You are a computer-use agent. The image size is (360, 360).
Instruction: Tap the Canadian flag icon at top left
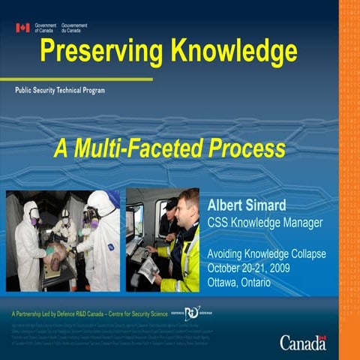[22, 28]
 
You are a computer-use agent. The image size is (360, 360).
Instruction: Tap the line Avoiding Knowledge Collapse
[266, 254]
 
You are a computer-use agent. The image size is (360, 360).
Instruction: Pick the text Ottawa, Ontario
[240, 281]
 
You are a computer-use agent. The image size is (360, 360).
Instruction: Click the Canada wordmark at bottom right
[303, 343]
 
